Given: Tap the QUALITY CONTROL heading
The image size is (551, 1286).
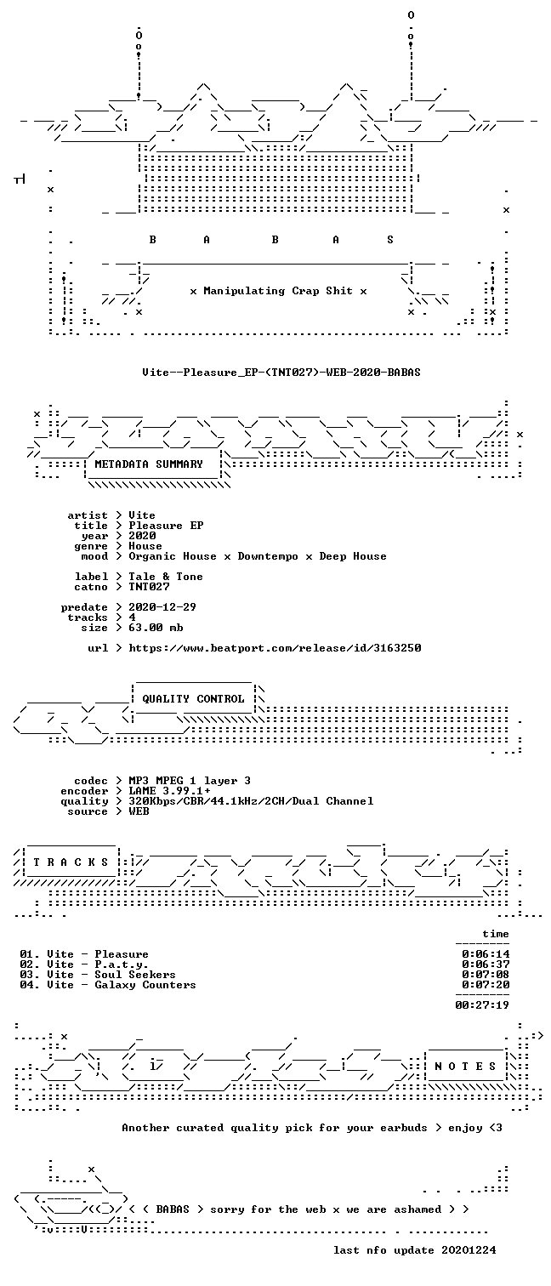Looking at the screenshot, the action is [193, 698].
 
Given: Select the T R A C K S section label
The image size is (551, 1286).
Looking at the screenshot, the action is [71, 862].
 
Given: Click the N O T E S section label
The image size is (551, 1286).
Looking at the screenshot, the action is [465, 1066].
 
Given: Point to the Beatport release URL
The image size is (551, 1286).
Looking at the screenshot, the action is [275, 648].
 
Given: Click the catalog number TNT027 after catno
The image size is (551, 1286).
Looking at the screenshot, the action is [149, 587].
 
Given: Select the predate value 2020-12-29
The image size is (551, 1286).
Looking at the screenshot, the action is [162, 607].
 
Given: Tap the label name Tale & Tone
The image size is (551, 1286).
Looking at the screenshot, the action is [165, 577].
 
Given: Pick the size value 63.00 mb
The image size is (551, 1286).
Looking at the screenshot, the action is [156, 628].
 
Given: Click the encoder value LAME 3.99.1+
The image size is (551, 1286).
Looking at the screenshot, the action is [169, 791].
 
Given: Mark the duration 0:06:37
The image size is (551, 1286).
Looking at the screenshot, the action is [486, 964].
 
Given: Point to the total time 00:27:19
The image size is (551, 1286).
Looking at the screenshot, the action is [482, 1005].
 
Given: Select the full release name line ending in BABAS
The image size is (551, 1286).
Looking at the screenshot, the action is [281, 373].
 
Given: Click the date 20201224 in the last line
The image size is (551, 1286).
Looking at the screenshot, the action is [469, 1249].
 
